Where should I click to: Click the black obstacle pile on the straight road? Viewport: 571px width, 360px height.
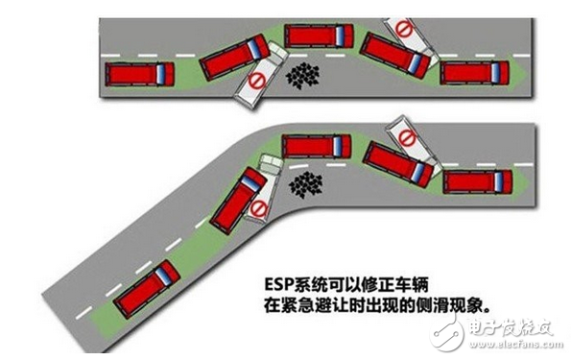click(304, 73)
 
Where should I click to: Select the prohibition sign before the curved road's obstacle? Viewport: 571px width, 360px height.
click(256, 208)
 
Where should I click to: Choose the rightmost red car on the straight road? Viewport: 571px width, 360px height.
click(475, 72)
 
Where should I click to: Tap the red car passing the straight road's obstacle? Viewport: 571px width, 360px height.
click(319, 36)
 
